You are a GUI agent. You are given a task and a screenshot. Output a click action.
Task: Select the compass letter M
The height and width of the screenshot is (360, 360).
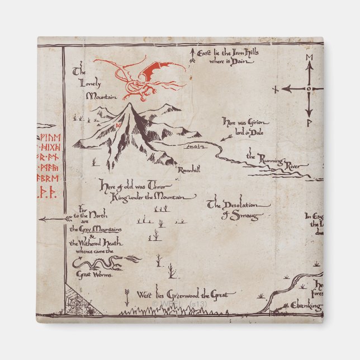(308, 58)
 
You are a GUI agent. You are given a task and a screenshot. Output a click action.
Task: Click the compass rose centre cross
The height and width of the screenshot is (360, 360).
(308, 88)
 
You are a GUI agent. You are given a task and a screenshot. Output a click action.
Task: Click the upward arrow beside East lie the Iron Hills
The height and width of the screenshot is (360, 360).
(192, 54)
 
